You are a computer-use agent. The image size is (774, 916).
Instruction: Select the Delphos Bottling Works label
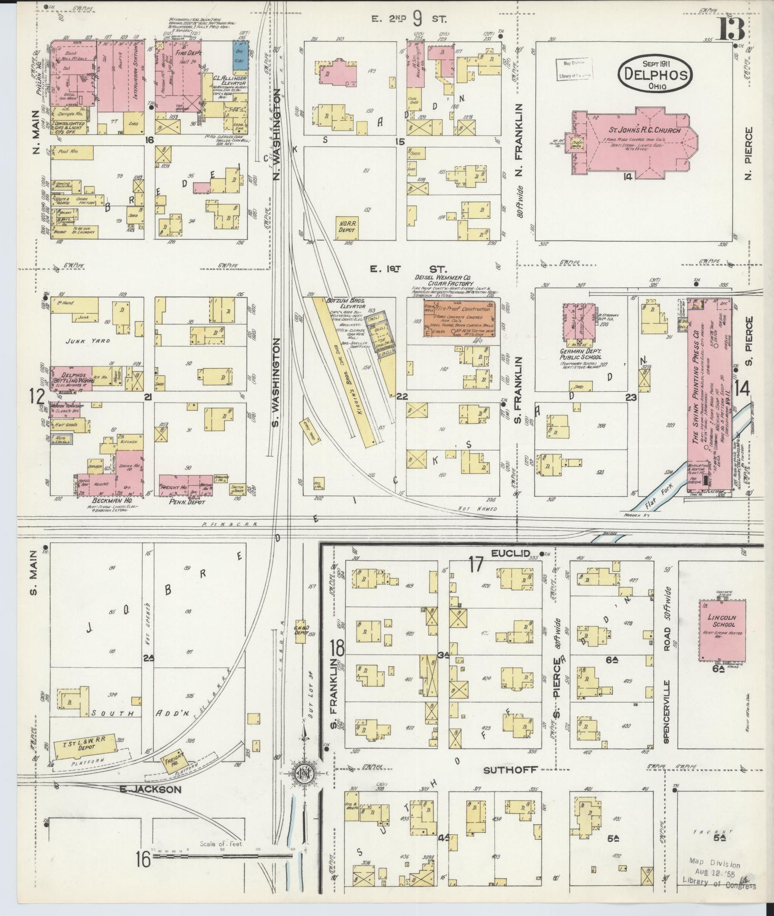click(69, 378)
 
